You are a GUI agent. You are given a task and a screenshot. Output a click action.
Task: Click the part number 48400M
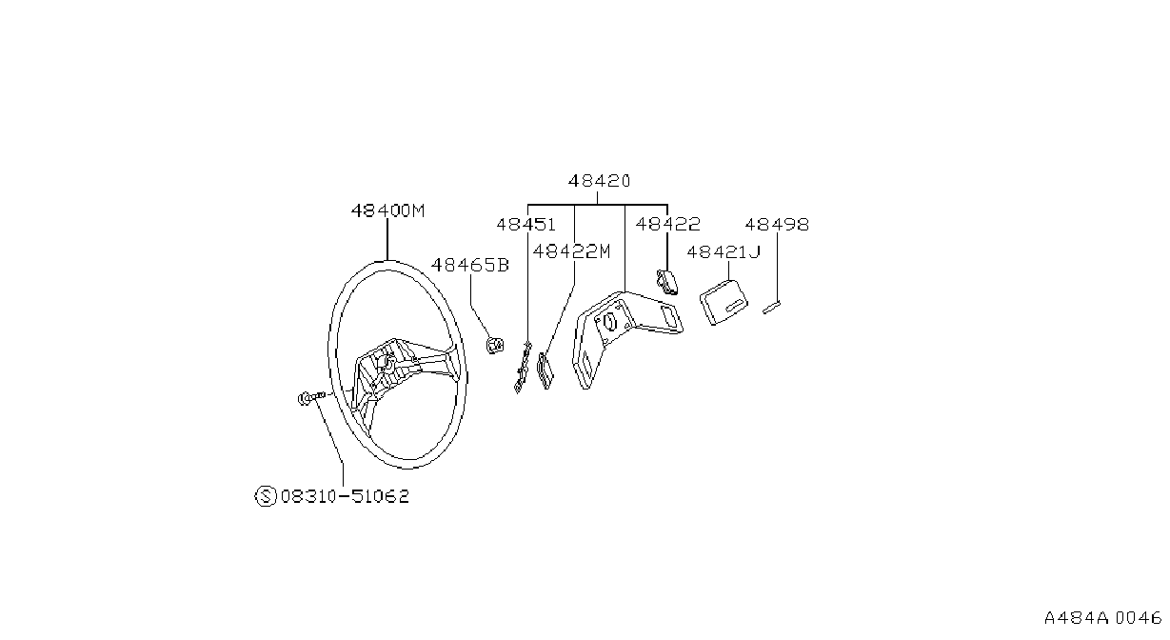click(387, 210)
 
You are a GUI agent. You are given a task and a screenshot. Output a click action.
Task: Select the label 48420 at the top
click(599, 181)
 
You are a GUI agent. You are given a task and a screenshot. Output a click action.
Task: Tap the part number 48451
click(526, 225)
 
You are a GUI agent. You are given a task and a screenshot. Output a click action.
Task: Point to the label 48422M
click(571, 251)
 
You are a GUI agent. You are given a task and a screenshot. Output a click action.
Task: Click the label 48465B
click(470, 265)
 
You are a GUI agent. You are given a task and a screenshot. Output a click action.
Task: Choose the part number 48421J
click(724, 252)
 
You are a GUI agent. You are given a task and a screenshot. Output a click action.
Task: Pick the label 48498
click(777, 225)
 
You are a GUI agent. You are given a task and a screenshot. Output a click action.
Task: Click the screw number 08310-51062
click(346, 496)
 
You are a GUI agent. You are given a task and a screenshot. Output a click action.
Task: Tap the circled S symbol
click(266, 496)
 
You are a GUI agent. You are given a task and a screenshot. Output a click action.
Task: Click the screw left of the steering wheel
click(310, 398)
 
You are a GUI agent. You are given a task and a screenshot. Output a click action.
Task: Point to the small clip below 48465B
click(495, 346)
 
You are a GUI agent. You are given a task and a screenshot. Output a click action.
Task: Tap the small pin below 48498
click(771, 308)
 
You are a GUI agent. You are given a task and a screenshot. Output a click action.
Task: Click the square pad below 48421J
click(724, 303)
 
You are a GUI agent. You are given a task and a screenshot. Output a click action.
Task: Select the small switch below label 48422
click(667, 282)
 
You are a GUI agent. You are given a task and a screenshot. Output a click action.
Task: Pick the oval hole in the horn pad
click(609, 322)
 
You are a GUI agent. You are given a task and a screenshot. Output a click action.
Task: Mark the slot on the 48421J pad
click(733, 306)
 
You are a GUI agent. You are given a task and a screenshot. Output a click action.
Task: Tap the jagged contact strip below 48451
click(523, 367)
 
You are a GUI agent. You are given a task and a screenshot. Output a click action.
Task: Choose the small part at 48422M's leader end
click(545, 370)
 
